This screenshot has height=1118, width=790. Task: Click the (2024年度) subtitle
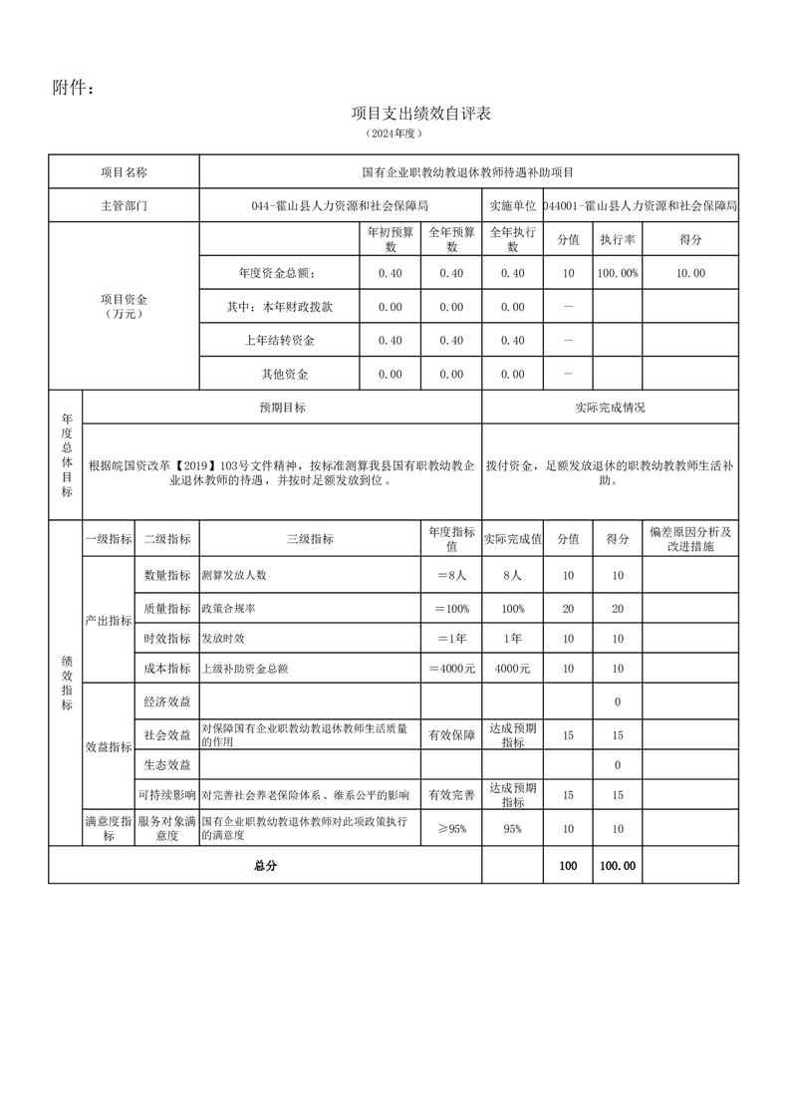pos(395,133)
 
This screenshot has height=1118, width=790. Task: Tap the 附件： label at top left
pos(74,89)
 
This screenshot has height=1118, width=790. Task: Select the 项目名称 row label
pos(124,172)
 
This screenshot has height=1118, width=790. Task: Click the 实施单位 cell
pos(512,206)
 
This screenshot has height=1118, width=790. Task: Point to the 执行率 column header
pos(617,240)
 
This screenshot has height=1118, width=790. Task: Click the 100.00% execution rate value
pos(617,273)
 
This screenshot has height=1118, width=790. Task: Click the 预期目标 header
pos(282,408)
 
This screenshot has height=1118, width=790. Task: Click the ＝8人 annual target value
pos(451,575)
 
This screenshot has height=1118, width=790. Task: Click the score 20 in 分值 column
pos(568,608)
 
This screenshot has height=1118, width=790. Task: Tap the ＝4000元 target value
pos(451,668)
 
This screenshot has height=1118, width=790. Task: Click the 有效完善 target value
pos(451,794)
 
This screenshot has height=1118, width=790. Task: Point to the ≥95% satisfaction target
pos(451,828)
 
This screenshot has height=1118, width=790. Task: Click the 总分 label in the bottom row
pos(265,866)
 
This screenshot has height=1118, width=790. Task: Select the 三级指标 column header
pos(310,538)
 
